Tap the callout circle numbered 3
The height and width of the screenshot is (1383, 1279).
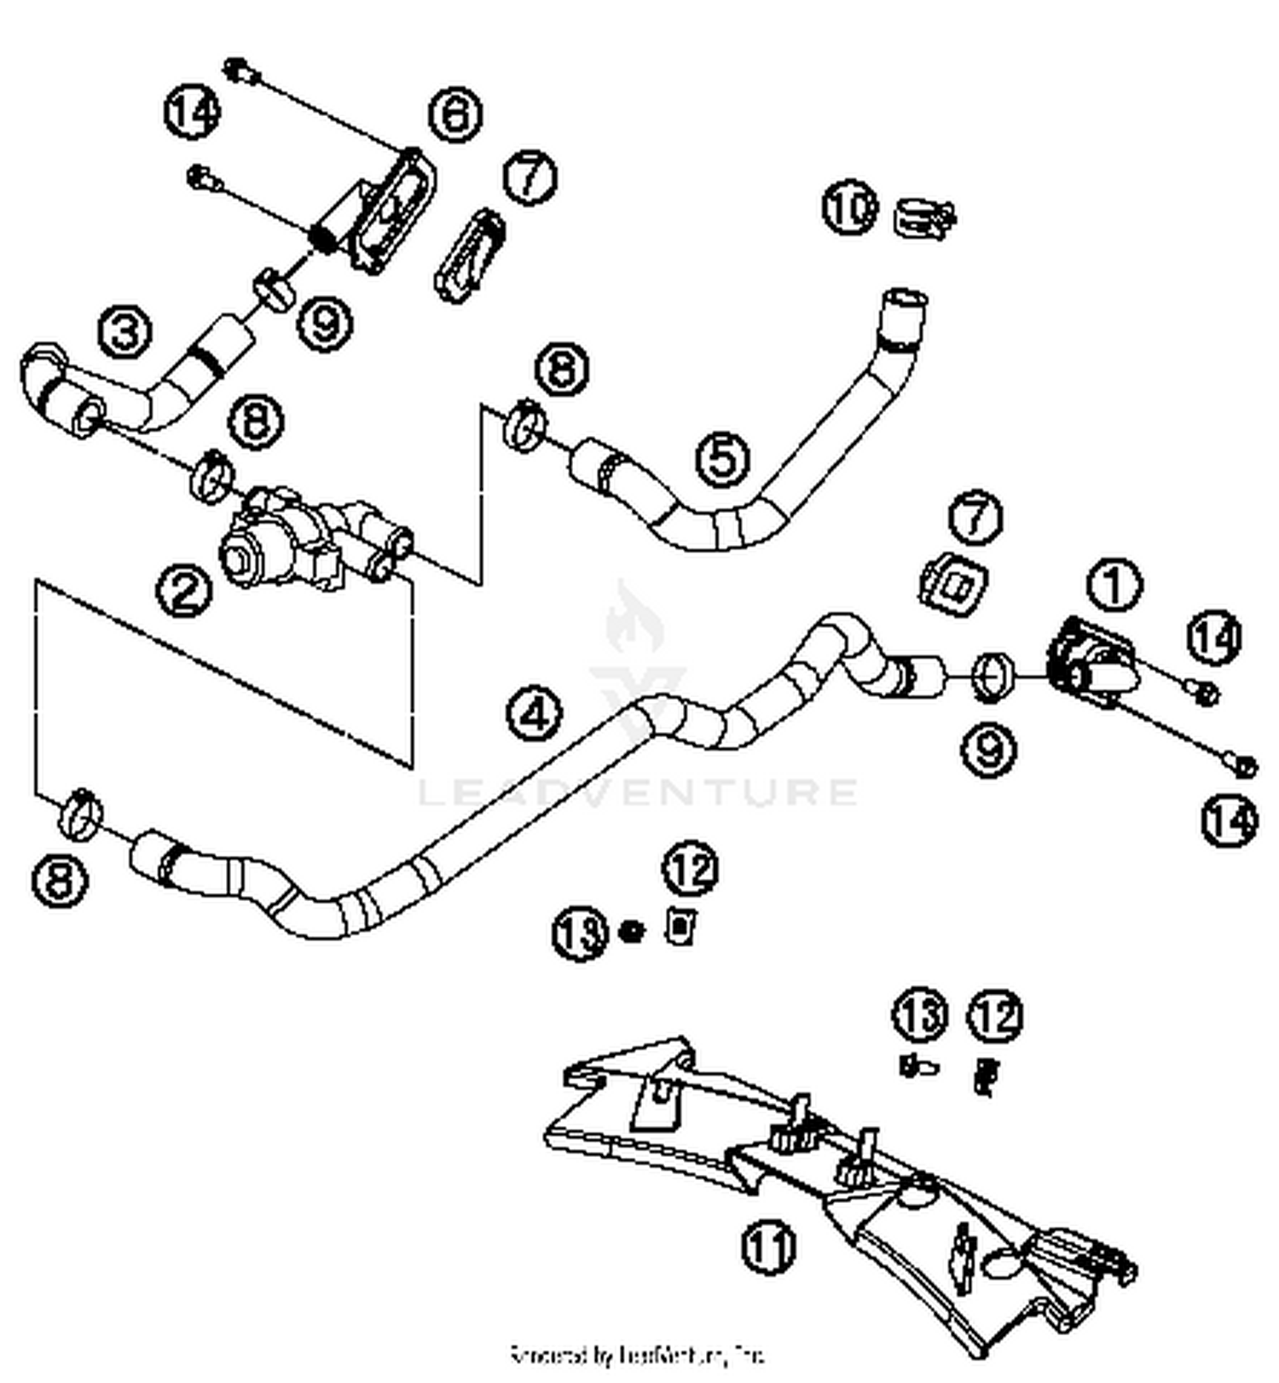click(x=124, y=332)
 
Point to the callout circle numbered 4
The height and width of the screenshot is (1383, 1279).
click(x=535, y=714)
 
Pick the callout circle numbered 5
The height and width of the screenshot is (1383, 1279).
click(x=722, y=458)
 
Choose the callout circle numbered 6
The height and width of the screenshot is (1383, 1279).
click(x=454, y=113)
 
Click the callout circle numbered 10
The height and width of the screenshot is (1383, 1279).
click(x=850, y=207)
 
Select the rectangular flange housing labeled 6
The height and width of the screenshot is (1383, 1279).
click(x=388, y=213)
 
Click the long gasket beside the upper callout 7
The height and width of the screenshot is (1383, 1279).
click(x=471, y=255)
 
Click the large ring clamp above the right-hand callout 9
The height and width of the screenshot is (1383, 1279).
click(x=993, y=676)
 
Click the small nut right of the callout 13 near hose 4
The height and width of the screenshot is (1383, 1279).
click(x=631, y=931)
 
